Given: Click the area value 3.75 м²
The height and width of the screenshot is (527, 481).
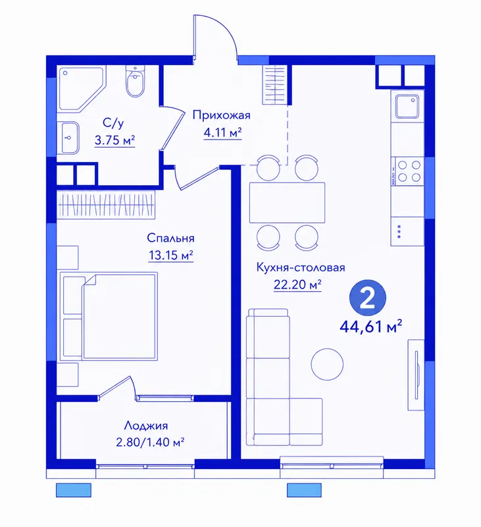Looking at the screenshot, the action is click(x=114, y=140).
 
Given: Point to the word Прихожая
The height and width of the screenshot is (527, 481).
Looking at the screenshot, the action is click(x=222, y=115).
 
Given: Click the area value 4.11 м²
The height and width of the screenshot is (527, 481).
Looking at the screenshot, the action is click(x=222, y=133).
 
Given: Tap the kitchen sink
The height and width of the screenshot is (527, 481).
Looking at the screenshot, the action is click(x=407, y=106).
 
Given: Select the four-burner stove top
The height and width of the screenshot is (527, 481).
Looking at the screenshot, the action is click(x=407, y=171).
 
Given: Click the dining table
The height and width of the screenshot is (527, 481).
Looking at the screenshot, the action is click(x=287, y=202).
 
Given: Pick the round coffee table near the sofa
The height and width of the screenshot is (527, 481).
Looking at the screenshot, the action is click(x=327, y=364).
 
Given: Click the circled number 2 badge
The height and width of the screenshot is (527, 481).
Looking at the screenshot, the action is click(x=368, y=298).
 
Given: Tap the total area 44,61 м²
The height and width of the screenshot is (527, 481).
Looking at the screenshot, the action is click(x=371, y=326).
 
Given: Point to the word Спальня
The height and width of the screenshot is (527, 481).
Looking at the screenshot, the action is click(x=170, y=238).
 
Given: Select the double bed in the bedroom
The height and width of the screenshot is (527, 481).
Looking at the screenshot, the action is click(x=109, y=317).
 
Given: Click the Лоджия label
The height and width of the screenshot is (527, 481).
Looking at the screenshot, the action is click(x=146, y=426).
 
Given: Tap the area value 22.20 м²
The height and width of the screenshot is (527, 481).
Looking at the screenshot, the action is click(x=297, y=285).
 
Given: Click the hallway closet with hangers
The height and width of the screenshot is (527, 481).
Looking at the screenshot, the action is click(x=274, y=85).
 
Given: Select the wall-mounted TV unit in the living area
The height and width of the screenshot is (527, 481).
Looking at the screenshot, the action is click(x=417, y=375).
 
